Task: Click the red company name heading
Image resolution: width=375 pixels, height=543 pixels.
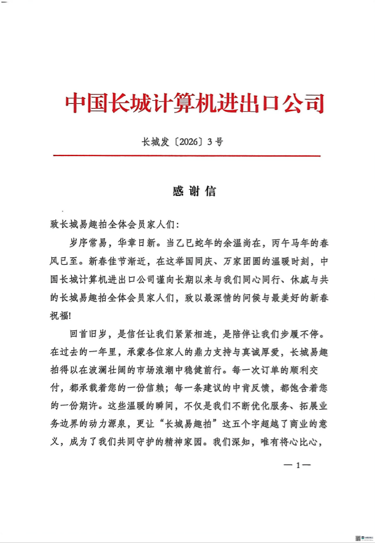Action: tap(194, 103)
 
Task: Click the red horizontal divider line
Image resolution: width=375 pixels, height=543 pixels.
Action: tap(187, 156)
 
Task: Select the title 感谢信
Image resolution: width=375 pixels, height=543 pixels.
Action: tap(194, 191)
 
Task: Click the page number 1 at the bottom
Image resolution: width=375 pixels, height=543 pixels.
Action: tap(298, 465)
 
